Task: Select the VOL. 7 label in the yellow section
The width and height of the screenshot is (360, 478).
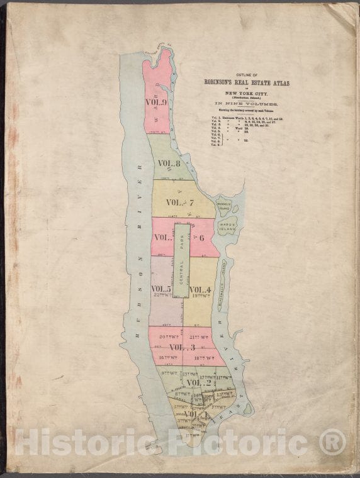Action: pyautogui.click(x=181, y=202)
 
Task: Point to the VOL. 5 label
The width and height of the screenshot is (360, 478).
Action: pyautogui.click(x=161, y=289)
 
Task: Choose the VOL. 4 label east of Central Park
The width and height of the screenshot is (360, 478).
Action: pyautogui.click(x=201, y=289)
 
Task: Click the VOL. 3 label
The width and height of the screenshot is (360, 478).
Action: pyautogui.click(x=182, y=347)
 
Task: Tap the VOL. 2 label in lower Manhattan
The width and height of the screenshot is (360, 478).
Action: pyautogui.click(x=198, y=382)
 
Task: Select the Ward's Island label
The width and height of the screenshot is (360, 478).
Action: pyautogui.click(x=227, y=226)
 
